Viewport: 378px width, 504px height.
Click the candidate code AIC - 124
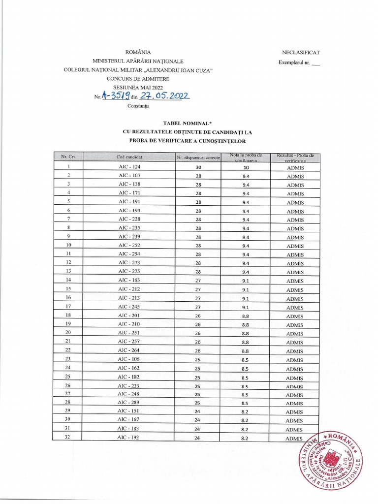pyautogui.click(x=129, y=167)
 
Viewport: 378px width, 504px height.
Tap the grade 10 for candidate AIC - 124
pyautogui.click(x=245, y=167)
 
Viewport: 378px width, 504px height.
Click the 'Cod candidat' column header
pyautogui.click(x=129, y=157)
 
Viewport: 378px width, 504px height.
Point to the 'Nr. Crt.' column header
pyautogui.click(x=67, y=157)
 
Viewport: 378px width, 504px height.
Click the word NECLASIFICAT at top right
pyautogui.click(x=301, y=52)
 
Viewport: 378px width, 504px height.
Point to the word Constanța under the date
pyautogui.click(x=137, y=105)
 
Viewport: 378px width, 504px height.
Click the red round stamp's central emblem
pyautogui.click(x=333, y=462)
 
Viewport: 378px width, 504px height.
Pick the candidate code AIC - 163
pyautogui.click(x=129, y=281)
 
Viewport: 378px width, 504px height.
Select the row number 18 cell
pyautogui.click(x=68, y=315)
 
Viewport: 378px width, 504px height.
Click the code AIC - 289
pyautogui.click(x=129, y=403)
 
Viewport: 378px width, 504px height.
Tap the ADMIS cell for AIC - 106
pyautogui.click(x=295, y=360)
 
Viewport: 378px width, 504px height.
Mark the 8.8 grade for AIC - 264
pyautogui.click(x=245, y=351)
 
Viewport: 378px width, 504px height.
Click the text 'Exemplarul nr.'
pyautogui.click(x=295, y=63)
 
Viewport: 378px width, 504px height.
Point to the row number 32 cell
pyautogui.click(x=68, y=438)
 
